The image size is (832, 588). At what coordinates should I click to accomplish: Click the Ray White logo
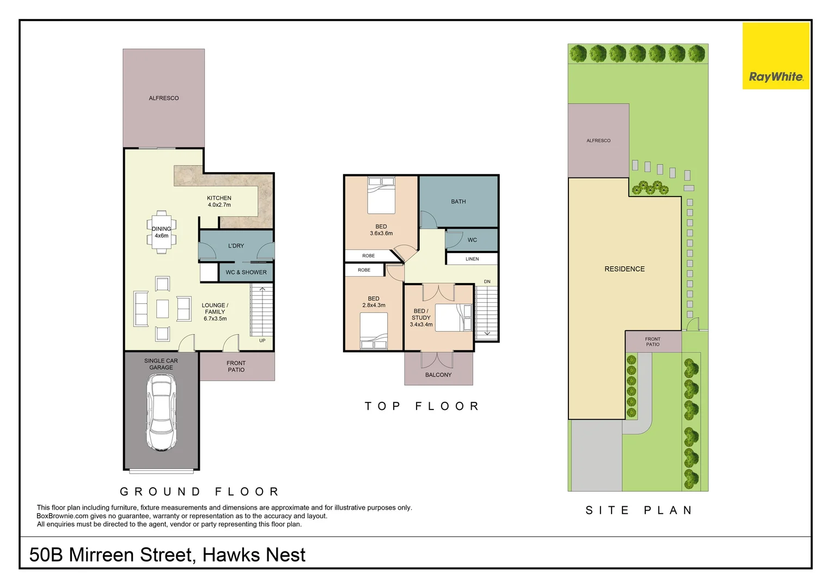point(776,56)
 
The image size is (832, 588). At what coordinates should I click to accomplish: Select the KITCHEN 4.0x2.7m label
point(219,201)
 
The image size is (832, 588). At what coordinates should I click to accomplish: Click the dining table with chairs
point(161,232)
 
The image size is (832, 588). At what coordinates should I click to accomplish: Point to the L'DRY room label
point(236,246)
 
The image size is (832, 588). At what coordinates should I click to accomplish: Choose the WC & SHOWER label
point(246,272)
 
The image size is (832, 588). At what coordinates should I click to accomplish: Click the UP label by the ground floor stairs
point(262,341)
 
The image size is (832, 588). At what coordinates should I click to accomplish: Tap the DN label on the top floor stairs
point(487,281)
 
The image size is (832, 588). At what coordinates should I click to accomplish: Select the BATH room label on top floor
point(458,201)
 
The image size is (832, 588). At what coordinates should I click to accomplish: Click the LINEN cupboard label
point(472,259)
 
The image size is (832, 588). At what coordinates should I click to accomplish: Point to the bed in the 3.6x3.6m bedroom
point(381,195)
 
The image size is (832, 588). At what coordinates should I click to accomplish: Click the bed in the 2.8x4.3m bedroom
point(374,330)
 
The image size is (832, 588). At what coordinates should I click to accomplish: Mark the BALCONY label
point(438,375)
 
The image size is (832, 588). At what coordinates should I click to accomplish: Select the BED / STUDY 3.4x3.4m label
point(421,318)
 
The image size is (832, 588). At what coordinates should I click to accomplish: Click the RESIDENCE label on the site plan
point(624,269)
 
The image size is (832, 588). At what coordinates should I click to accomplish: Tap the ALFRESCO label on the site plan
point(598,140)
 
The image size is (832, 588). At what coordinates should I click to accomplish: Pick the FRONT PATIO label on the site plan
point(652,342)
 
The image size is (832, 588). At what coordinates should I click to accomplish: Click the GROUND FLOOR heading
point(200,492)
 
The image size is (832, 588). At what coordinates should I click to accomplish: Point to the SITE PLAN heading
point(639,510)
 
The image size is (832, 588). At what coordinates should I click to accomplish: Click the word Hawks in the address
point(228,555)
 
